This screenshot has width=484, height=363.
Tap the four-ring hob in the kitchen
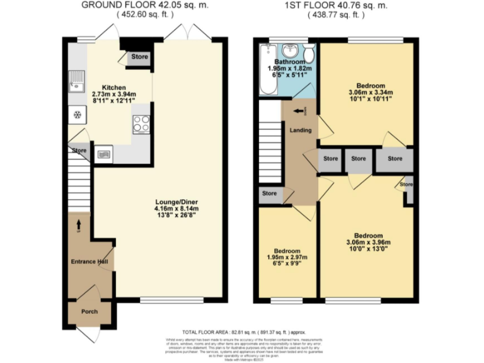tap(141, 124)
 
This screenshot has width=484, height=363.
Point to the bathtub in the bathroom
tap(264, 71)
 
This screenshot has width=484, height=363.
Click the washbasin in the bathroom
tap(291, 50)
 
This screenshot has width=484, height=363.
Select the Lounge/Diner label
tap(176, 202)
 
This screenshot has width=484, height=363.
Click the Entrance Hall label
tap(88, 262)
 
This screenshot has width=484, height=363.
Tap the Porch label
tap(89, 311)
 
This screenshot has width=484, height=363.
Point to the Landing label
tap(299, 130)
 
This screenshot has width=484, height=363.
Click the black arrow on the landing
tap(298, 112)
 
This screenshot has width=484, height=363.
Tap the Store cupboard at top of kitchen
tap(139, 57)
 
